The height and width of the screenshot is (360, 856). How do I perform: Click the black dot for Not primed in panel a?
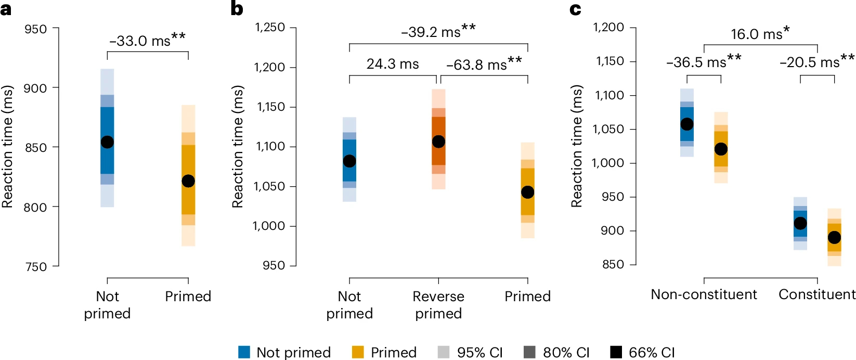pos(107,142)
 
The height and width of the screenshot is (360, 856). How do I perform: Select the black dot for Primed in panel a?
pos(188,181)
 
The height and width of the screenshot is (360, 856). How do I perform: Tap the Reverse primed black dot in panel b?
pos(438,142)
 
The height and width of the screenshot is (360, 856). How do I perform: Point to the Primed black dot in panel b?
pos(527,192)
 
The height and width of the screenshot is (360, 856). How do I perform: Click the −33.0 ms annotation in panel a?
pos(147,40)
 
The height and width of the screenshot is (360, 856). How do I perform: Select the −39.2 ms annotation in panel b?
pos(438,32)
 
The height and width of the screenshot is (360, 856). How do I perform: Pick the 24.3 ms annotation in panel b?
pos(393,64)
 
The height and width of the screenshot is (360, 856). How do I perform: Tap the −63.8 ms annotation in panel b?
pos(484,65)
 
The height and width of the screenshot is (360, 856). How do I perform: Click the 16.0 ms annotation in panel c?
pos(760,34)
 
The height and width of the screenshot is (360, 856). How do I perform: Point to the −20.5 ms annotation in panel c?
pos(816,62)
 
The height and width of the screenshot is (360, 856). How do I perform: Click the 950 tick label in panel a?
pos(35,29)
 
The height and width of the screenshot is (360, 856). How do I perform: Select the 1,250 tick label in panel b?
pos(269,27)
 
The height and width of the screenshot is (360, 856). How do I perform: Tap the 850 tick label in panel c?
pos(613,264)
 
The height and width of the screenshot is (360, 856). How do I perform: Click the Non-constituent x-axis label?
pos(704,294)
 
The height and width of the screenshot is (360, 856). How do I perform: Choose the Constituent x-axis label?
pos(816,294)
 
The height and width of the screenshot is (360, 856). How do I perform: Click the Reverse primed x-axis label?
pos(438,304)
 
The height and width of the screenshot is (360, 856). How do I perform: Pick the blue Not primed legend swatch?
pos(244,352)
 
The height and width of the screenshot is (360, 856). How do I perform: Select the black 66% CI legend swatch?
pos(616,352)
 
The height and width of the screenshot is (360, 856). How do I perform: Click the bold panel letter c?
pos(575,9)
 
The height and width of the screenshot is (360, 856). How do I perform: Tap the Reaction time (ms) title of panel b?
pos(238,147)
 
